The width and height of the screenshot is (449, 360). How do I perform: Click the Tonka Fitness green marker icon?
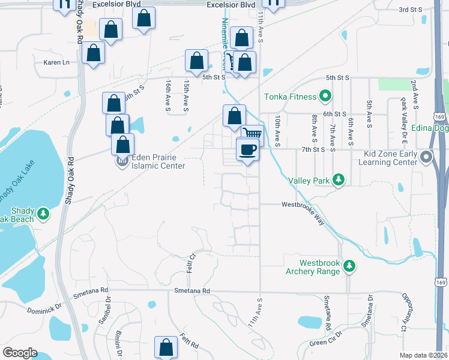[x=325, y=96]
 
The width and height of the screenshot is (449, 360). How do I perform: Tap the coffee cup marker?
[x=247, y=149]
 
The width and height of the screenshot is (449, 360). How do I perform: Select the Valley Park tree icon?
[x=339, y=179]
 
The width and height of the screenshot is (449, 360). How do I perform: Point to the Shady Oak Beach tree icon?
[x=43, y=213]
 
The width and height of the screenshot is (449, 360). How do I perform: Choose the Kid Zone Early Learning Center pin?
[x=427, y=157]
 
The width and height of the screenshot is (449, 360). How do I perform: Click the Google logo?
[x=20, y=352]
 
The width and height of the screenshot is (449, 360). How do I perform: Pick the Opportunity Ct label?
[x=405, y=313]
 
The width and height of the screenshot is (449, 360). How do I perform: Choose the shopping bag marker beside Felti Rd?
[x=166, y=347]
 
